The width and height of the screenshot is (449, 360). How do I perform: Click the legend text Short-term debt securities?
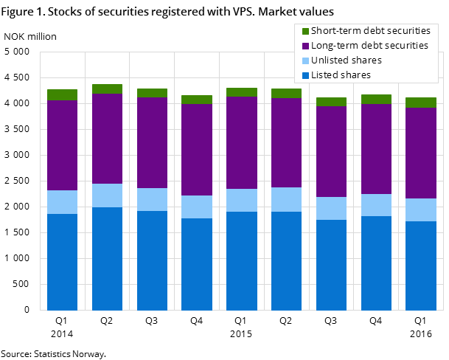tap(370, 31)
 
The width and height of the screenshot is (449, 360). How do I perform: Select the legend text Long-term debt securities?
tap(369, 46)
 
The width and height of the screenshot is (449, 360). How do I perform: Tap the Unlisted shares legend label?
tap(347, 60)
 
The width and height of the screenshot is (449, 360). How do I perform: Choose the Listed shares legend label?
tap(341, 75)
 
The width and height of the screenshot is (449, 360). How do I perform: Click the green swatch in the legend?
tap(305, 31)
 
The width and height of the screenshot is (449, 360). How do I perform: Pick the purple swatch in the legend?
tap(305, 46)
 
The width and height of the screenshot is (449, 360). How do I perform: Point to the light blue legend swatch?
tap(305, 60)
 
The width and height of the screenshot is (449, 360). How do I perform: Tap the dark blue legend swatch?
tap(305, 75)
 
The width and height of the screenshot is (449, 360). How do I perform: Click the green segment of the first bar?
tap(62, 94)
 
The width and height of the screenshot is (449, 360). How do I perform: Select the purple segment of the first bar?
tap(62, 145)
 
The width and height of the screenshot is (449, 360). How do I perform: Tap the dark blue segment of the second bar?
tap(107, 258)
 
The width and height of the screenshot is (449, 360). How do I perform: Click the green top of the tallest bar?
tap(107, 89)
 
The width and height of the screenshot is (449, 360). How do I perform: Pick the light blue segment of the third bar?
tap(152, 199)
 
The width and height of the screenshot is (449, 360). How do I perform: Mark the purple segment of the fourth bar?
tap(197, 150)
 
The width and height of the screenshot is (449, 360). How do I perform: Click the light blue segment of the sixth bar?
tap(286, 199)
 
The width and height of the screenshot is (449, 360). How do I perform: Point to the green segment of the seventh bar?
tap(331, 102)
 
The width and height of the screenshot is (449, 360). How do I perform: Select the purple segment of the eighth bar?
tap(376, 149)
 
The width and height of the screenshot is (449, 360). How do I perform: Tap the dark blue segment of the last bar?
tap(421, 266)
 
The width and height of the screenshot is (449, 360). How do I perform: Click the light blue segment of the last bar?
tap(421, 210)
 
